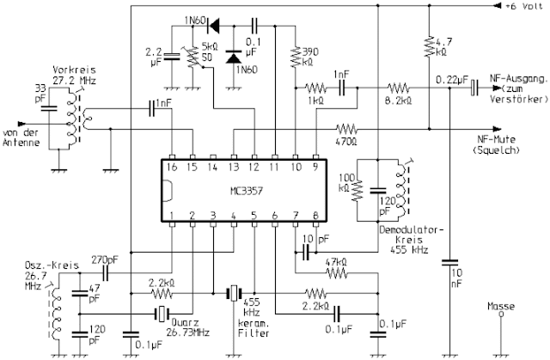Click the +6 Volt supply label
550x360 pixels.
(x=521, y=7)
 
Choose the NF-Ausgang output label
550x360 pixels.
(x=516, y=84)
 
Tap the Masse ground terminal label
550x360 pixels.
(x=500, y=305)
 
